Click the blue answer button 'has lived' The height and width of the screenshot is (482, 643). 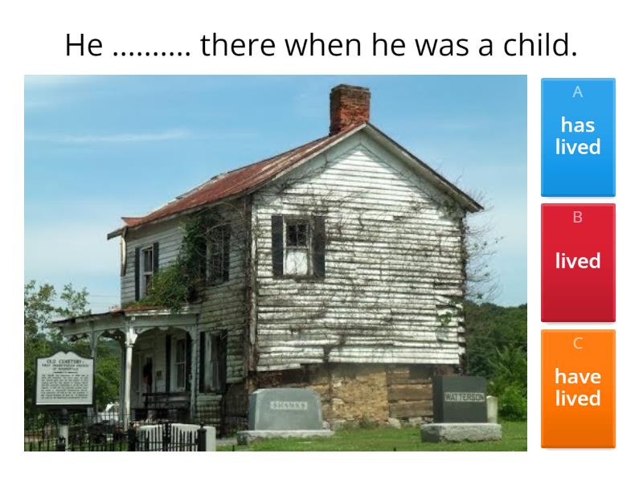(578, 137)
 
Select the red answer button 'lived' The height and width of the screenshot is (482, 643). (578, 262)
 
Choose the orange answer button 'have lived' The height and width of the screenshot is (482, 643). (578, 388)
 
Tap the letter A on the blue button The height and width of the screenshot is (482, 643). (578, 92)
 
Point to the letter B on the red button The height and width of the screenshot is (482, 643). (578, 218)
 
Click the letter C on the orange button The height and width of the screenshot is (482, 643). (578, 344)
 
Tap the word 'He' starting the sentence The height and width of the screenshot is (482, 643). (84, 45)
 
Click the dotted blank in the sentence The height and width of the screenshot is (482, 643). (151, 50)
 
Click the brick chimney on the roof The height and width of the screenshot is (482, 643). (350, 108)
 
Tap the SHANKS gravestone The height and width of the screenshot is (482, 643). (285, 409)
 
